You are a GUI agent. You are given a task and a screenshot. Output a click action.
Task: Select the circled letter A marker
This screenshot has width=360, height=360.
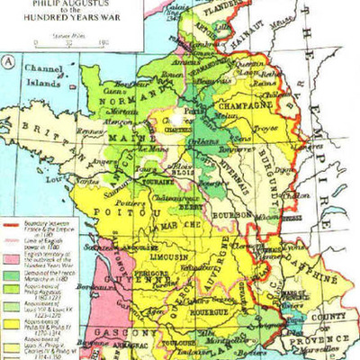tap(9, 62)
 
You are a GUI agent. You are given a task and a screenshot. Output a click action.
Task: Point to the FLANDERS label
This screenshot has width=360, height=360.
tap(224, 13)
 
